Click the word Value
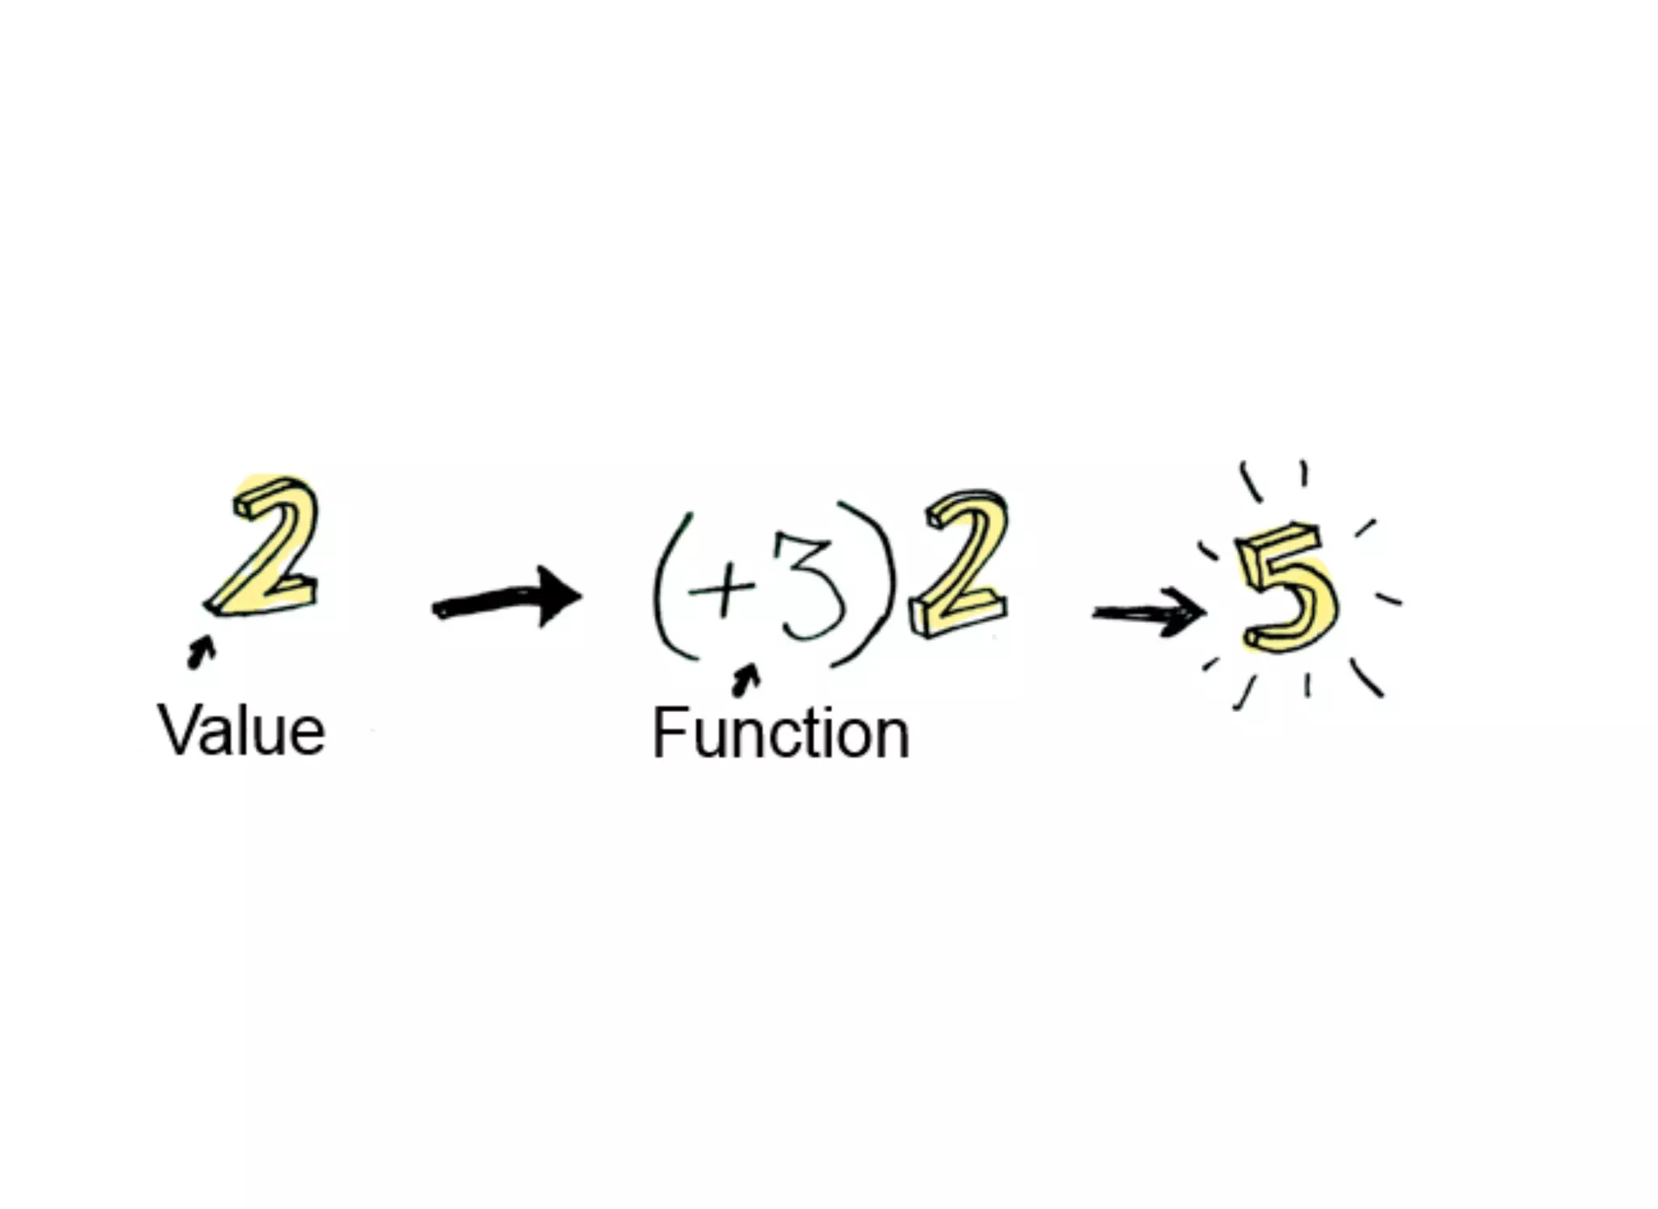[x=241, y=731]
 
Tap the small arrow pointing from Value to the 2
[x=200, y=651]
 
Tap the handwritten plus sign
[x=723, y=587]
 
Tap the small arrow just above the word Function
[x=746, y=681]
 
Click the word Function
[x=780, y=733]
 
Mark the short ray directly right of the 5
[x=1388, y=600]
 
